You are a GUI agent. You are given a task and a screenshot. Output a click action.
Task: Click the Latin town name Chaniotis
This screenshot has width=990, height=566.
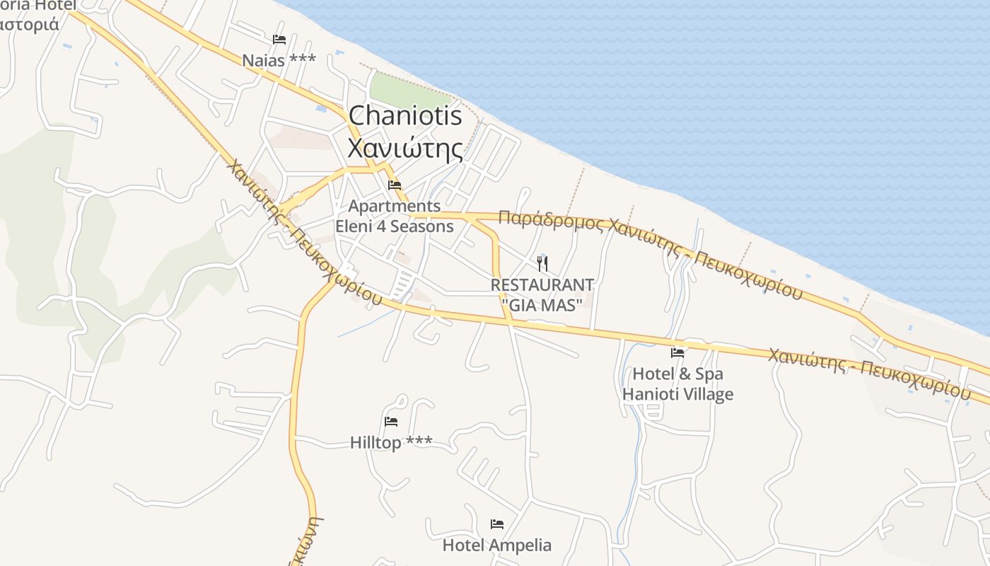point(405,116)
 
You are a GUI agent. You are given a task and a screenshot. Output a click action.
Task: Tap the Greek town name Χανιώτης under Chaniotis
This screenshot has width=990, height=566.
point(405,149)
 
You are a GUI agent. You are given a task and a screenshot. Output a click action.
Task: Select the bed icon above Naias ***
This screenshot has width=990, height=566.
point(279,40)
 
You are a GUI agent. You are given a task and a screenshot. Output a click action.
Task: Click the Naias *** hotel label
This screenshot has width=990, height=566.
point(279,61)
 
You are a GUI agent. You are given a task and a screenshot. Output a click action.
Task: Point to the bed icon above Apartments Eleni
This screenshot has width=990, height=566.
point(395,185)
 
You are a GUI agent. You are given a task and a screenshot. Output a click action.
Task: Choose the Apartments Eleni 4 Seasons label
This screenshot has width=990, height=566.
point(395,216)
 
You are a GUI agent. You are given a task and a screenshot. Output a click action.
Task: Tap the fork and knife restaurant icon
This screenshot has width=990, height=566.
point(542,264)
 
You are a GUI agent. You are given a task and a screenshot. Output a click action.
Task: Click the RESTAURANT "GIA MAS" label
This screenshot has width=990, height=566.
point(542,295)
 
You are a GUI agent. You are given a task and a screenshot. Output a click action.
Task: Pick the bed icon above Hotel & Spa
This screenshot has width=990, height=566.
point(677,352)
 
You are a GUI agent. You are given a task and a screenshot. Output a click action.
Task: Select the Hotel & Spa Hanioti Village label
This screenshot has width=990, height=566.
point(677,384)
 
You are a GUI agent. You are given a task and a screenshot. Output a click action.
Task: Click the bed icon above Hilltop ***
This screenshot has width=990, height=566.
point(391,422)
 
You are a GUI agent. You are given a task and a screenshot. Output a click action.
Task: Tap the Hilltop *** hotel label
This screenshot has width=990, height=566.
point(391,443)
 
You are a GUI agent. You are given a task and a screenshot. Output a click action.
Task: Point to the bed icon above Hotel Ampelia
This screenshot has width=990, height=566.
point(497,524)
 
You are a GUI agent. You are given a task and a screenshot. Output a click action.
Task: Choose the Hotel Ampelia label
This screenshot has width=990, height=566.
point(497,545)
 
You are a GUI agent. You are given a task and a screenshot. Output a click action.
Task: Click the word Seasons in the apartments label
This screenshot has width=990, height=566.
point(421,226)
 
